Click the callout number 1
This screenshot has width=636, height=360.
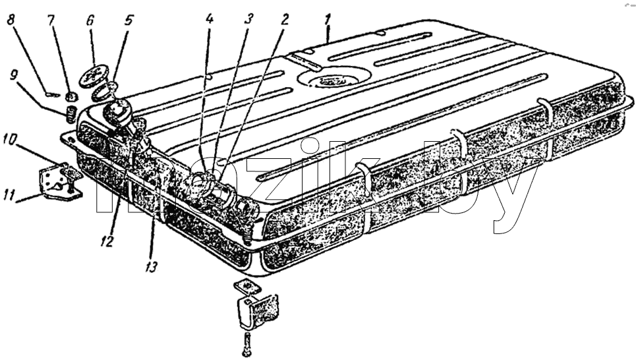click(x=328, y=20)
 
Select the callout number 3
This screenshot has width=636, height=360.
click(x=248, y=20)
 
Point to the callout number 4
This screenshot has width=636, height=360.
click(x=209, y=20)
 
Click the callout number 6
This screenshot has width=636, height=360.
click(x=90, y=20)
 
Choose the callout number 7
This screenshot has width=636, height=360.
click(x=51, y=20)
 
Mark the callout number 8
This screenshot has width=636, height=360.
click(x=11, y=20)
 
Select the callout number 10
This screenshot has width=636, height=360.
click(x=10, y=139)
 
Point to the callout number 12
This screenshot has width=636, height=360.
click(x=107, y=241)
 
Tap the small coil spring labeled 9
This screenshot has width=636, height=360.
click(x=71, y=113)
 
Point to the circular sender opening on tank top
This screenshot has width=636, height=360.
click(x=335, y=78)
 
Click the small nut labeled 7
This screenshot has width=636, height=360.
click(x=71, y=97)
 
